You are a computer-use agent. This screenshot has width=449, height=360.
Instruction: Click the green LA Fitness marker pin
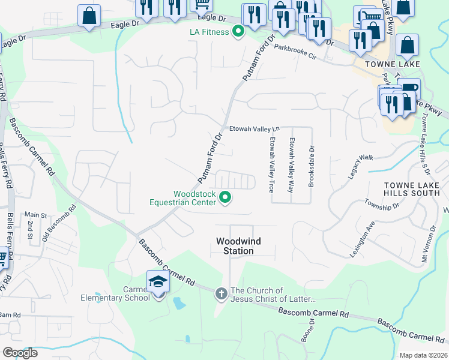pos(238,31)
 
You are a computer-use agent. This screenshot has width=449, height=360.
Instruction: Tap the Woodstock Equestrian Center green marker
pos(226,197)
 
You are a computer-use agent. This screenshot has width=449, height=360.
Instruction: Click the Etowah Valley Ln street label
pos(255,129)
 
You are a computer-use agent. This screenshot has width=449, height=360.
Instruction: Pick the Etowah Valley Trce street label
pos(272,163)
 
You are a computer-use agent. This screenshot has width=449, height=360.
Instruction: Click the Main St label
pos(35,215)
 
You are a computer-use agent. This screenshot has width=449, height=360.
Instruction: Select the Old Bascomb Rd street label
pos(58,224)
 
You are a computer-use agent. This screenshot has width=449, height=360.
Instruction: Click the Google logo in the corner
pos(20,353)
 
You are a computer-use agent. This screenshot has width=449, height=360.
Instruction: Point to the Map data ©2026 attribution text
pos(423,355)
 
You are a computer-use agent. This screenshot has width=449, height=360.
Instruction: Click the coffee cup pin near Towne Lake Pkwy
pos(409,89)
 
